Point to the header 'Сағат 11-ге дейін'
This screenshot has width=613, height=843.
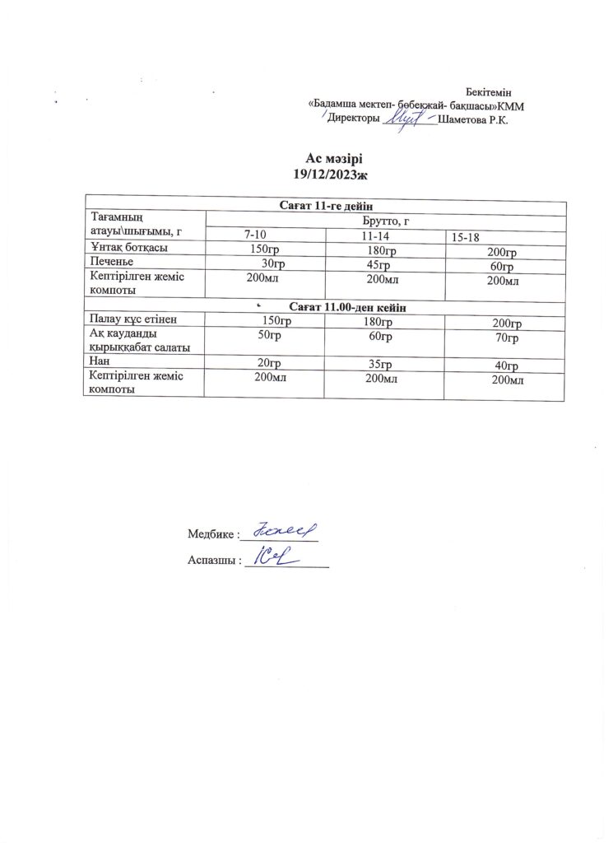click(x=327, y=206)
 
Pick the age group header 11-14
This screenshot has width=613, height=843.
click(x=375, y=235)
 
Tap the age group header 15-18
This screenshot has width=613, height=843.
click(x=467, y=236)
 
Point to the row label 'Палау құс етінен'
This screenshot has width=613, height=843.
click(x=133, y=319)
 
